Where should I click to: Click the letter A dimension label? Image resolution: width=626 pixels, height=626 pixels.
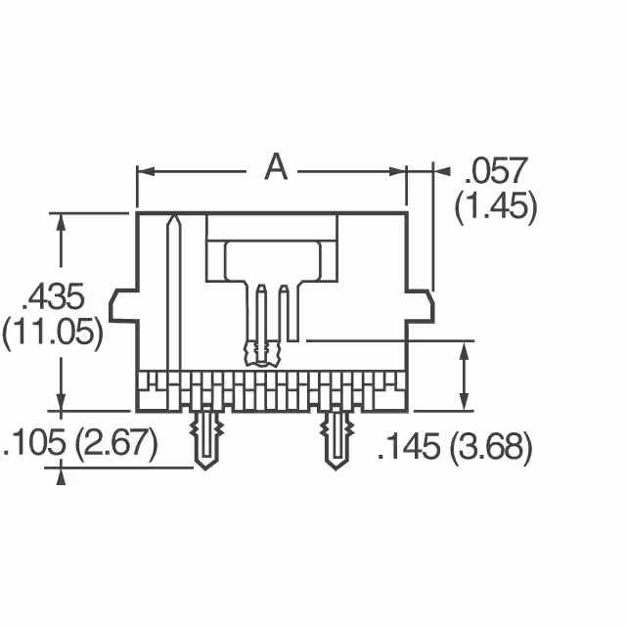click(x=277, y=169)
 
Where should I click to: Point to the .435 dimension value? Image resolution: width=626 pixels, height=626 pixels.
click(x=55, y=295)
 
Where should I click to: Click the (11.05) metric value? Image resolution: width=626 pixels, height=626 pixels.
click(x=53, y=333)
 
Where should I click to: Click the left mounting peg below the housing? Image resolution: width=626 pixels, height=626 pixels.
click(x=205, y=438)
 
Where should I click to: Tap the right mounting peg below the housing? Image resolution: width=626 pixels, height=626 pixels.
click(x=335, y=438)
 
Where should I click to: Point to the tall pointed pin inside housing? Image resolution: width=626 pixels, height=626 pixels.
click(x=173, y=293)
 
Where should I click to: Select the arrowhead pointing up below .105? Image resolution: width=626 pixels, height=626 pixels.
click(x=63, y=475)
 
